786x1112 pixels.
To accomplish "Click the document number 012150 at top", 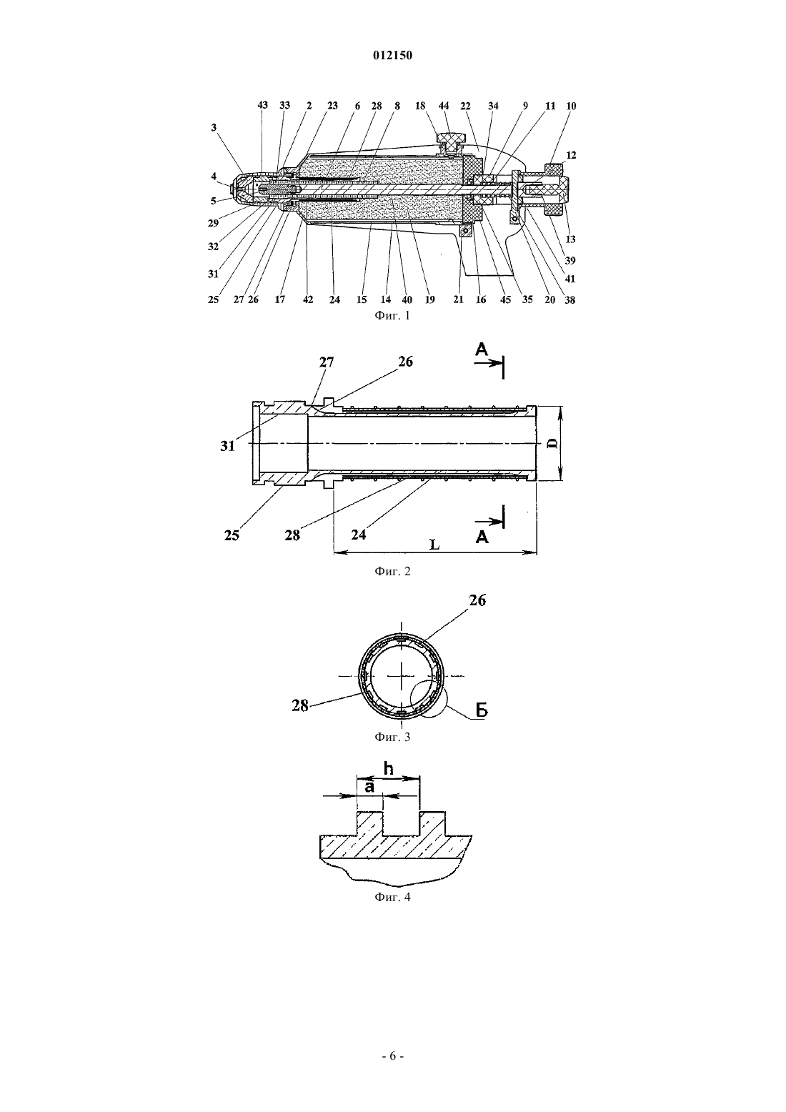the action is tap(392, 56).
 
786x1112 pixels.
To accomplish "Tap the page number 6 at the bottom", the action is tap(392, 1056).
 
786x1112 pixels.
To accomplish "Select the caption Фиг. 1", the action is tap(392, 316).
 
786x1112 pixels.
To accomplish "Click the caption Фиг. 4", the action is tap(392, 898).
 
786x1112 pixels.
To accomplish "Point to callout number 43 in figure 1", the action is tap(262, 105).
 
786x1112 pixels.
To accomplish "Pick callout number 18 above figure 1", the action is tap(420, 106).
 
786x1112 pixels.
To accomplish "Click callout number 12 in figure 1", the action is tap(571, 155).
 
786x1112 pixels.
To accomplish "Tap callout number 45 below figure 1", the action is tap(505, 299).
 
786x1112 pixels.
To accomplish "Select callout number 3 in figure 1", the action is tap(214, 128).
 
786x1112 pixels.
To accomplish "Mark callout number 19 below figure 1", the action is tap(429, 299).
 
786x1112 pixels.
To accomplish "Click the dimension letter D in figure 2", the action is tap(554, 443).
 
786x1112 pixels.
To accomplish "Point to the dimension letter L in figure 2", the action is tap(434, 545).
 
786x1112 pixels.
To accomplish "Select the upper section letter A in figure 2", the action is tap(482, 350).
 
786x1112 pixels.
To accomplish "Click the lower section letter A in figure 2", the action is tap(482, 537).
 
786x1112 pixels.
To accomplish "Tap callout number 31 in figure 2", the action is tap(228, 446).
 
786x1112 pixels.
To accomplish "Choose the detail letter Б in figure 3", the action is tap(482, 710).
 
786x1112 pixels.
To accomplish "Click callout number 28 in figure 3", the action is tap(300, 705).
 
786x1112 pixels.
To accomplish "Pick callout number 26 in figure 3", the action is tap(477, 601).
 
